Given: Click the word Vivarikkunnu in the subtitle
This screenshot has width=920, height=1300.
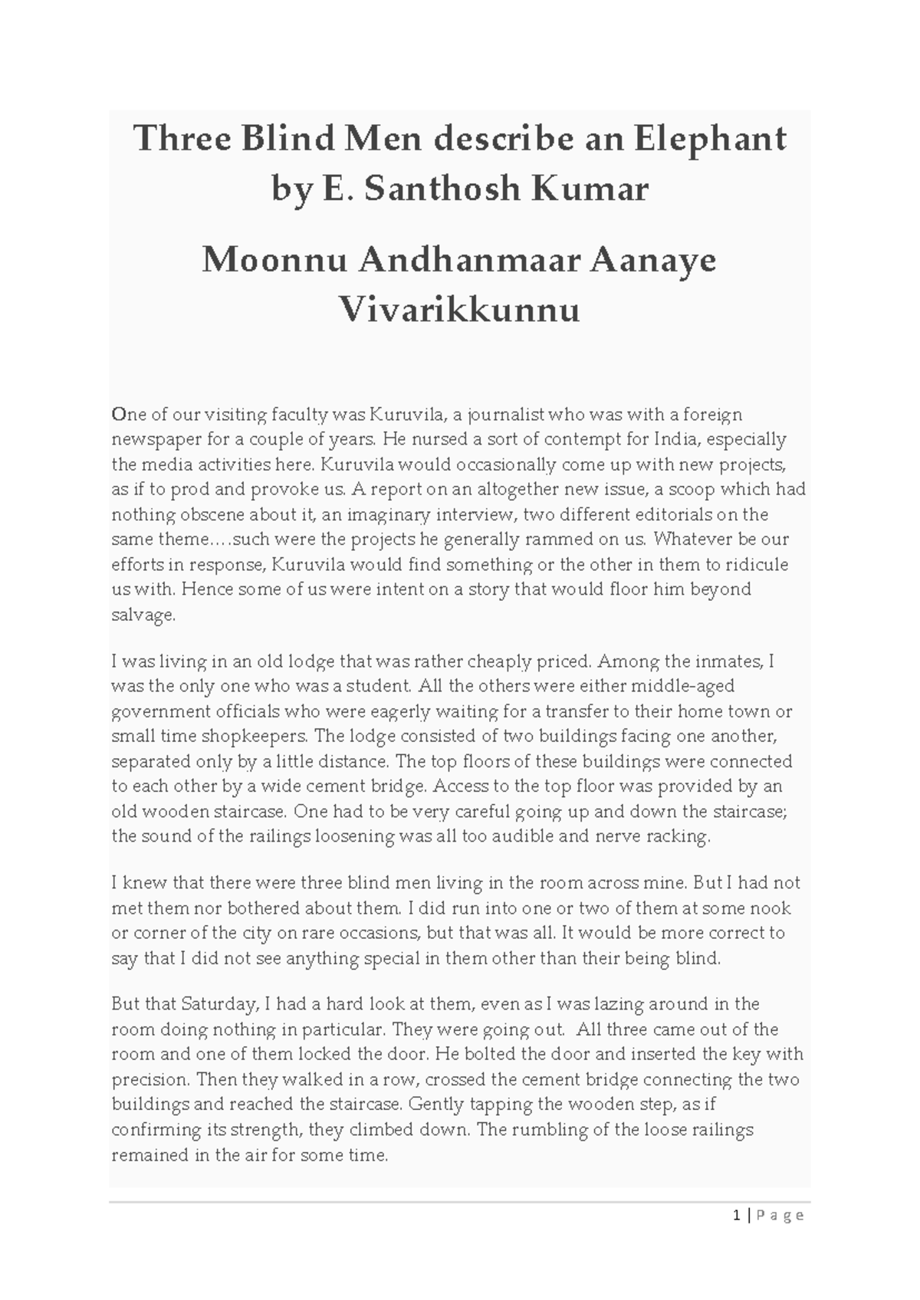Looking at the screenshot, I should (x=459, y=310).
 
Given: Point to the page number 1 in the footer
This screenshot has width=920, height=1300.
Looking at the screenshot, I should (x=737, y=1215).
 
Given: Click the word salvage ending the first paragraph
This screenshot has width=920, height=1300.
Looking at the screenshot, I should (x=143, y=615).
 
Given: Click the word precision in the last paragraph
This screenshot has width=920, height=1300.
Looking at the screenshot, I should (x=149, y=1080).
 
